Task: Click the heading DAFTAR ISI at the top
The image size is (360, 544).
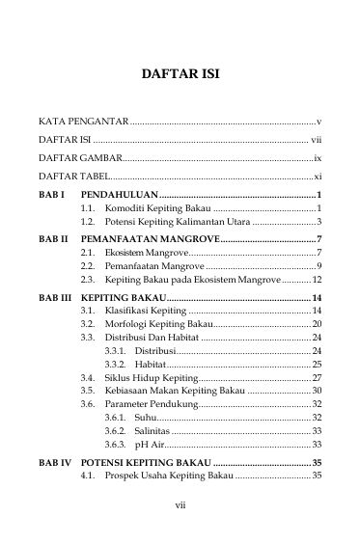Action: click(x=180, y=72)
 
